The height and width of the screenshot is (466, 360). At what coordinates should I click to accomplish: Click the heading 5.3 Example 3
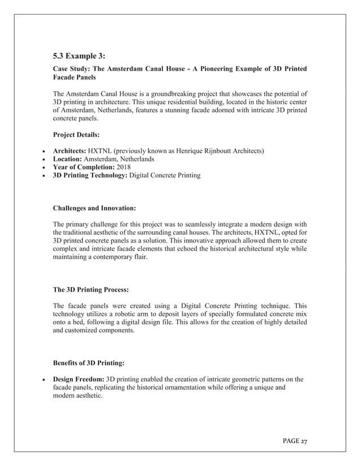click(x=79, y=56)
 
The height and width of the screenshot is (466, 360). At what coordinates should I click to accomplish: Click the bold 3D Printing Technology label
click(x=90, y=176)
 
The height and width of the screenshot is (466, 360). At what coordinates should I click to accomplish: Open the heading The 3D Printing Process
click(x=91, y=290)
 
